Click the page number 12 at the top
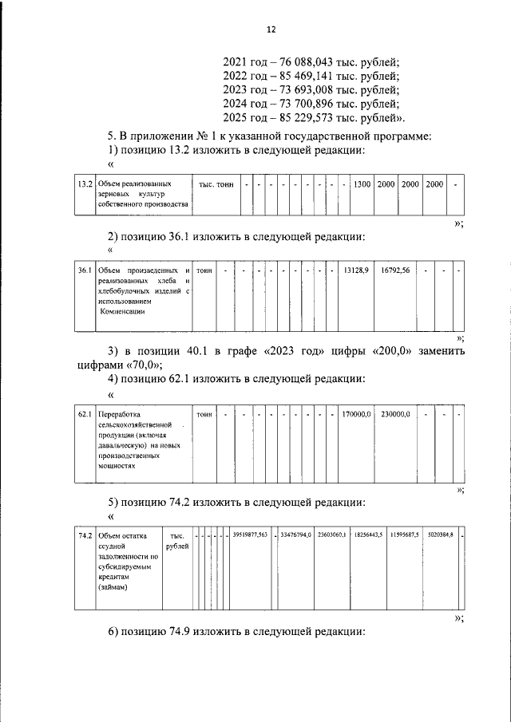[x=271, y=30]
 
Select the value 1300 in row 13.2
[x=362, y=184]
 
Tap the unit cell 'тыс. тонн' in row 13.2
[x=216, y=184]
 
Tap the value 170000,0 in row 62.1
[x=356, y=415]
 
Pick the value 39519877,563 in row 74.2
[x=251, y=535]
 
